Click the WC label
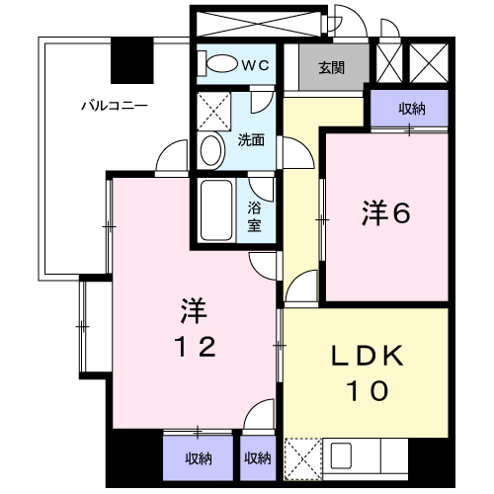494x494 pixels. point(256,65)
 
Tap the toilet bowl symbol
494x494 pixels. point(218,63)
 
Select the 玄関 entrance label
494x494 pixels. point(331,67)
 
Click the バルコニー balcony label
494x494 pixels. point(115,106)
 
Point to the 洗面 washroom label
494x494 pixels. point(251,140)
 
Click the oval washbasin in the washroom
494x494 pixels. point(210,151)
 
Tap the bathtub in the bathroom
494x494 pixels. point(216,210)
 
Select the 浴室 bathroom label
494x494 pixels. point(254,216)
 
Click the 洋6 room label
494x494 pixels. point(386,213)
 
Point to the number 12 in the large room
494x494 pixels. point(197,347)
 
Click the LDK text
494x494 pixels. point(368,355)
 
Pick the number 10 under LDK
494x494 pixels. point(368,390)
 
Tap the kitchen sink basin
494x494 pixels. point(341,455)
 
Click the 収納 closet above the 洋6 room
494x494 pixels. point(409,108)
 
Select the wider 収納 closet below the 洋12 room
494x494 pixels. point(198,457)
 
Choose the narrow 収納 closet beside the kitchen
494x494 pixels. point(258,457)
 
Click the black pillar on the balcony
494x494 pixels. point(132,60)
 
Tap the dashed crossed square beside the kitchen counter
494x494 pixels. point(303,458)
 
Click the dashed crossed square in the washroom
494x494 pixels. point(213,112)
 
